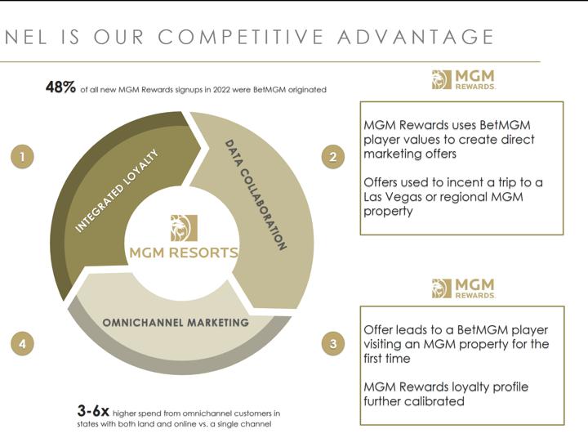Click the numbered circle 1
pyautogui.click(x=22, y=157)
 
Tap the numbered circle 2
pyautogui.click(x=333, y=157)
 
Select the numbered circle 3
pyautogui.click(x=333, y=343)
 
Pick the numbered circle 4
pyautogui.click(x=22, y=343)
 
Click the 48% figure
pyautogui.click(x=60, y=87)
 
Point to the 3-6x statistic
pyautogui.click(x=93, y=411)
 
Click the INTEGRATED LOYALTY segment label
pyautogui.click(x=117, y=190)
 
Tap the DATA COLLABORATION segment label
pyautogui.click(x=256, y=194)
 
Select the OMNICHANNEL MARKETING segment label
pyautogui.click(x=176, y=323)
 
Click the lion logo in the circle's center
pyautogui.click(x=184, y=228)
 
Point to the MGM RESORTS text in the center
pyautogui.click(x=184, y=253)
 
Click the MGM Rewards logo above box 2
pyautogui.click(x=464, y=79)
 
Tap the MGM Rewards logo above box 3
pyautogui.click(x=464, y=288)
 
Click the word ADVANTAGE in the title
pyautogui.click(x=416, y=37)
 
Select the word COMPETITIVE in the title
pyautogui.click(x=241, y=37)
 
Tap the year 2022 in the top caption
pyautogui.click(x=221, y=90)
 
